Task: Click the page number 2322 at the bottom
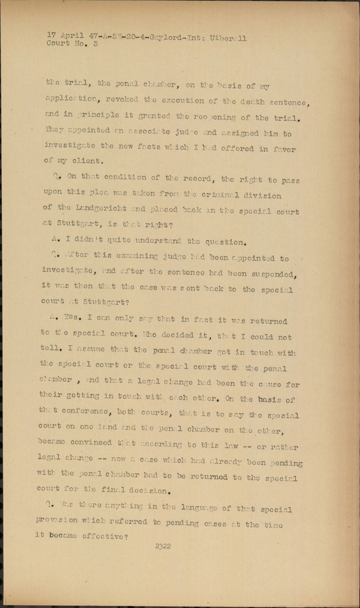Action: click(163, 546)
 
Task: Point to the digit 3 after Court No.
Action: click(95, 43)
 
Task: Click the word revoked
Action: click(122, 100)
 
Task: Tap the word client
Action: click(88, 161)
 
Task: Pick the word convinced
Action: click(91, 443)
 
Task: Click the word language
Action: click(200, 507)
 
